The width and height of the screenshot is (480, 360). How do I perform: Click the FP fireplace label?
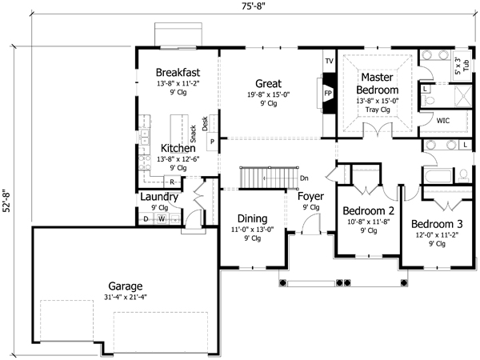pos(328,93)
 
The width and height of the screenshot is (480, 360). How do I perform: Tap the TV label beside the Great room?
pos(328,62)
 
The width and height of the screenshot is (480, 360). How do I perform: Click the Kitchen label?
pos(178,149)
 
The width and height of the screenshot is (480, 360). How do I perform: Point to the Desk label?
pos(206,122)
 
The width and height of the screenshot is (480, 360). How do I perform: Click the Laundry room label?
pos(158,197)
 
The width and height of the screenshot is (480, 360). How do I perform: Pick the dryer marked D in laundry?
pos(146,218)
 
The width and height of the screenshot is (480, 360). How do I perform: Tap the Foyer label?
pos(310,196)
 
